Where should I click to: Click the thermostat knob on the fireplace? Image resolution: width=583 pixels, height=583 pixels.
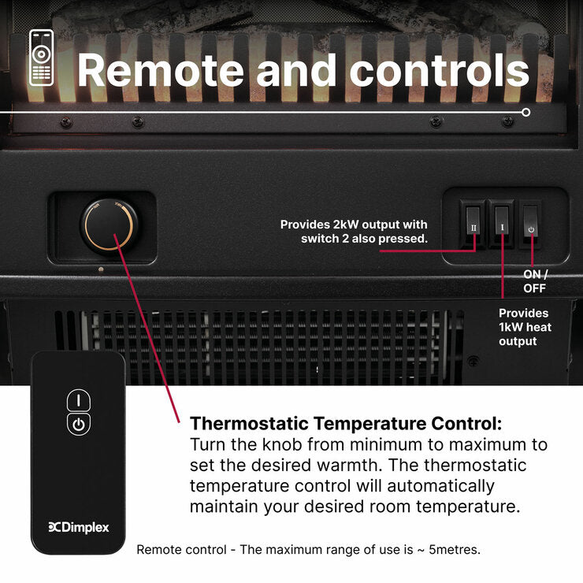tap(109, 225)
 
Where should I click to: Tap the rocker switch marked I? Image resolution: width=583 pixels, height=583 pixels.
tap(502, 222)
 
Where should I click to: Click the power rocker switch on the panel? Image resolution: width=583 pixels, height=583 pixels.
tap(530, 222)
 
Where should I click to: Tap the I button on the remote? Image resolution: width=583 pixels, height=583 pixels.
tap(79, 400)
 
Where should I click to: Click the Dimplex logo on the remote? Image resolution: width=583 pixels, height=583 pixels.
tap(79, 527)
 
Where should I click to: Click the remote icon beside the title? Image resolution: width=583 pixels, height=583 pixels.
tap(41, 58)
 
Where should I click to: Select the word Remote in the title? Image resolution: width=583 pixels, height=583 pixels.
tap(160, 71)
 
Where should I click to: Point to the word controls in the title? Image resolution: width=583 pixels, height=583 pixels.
tap(439, 71)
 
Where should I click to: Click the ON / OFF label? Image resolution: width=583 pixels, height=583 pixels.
tap(535, 281)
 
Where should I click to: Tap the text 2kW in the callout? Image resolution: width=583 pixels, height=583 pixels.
tap(344, 225)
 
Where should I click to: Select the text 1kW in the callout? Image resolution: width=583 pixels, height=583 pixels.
tap(511, 327)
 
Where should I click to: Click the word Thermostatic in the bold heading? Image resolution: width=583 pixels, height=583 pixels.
tap(249, 424)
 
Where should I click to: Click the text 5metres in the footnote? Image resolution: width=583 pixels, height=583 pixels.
tap(455, 550)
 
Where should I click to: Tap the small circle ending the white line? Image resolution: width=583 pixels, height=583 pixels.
tap(525, 113)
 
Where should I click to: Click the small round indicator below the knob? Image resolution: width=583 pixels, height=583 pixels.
tap(101, 269)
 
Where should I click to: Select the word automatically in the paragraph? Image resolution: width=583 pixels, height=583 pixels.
tap(440, 486)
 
